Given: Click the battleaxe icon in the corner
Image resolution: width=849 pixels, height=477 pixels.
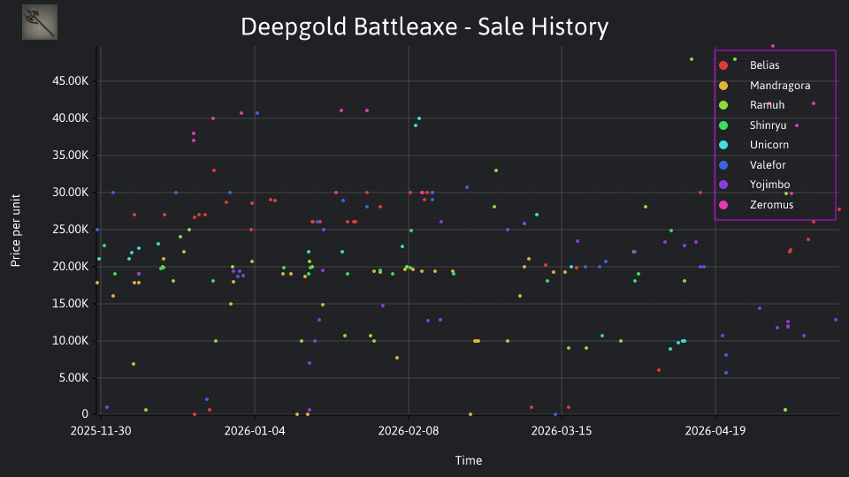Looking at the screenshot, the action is click(x=40, y=22).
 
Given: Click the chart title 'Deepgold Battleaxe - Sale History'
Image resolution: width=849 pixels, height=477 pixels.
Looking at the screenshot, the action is click(x=424, y=26).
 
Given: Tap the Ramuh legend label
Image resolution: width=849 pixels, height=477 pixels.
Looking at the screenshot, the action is click(x=767, y=105).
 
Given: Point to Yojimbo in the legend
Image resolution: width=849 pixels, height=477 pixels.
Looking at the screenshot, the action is click(x=769, y=185).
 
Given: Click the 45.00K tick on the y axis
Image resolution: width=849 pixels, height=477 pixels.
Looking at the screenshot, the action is click(x=71, y=81).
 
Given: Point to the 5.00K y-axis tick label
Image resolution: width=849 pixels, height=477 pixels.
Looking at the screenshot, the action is click(x=73, y=377).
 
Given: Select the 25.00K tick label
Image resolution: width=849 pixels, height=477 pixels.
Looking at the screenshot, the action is click(x=71, y=230).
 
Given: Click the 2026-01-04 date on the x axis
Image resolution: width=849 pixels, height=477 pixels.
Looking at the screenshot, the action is click(x=255, y=431).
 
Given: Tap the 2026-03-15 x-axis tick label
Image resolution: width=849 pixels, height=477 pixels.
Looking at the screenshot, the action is click(x=562, y=431).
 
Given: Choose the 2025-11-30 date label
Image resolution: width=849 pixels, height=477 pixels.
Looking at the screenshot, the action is click(x=101, y=431).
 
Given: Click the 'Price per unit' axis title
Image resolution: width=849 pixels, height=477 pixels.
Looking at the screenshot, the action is click(x=16, y=231).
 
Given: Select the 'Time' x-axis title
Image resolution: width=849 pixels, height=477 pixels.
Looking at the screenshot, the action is click(x=469, y=461).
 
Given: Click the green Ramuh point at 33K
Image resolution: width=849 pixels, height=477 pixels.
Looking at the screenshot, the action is click(x=496, y=170).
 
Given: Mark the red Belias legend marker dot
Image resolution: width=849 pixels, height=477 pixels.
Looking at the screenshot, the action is click(x=723, y=65).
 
